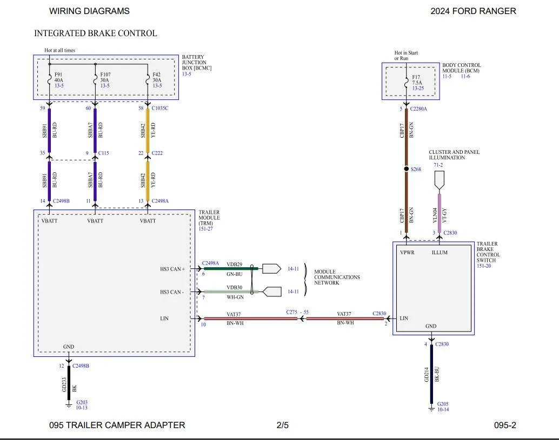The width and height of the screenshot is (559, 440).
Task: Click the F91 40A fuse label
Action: [59, 78]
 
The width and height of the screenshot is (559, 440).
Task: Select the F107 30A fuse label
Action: [105, 78]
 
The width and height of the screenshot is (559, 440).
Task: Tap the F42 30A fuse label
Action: [157, 78]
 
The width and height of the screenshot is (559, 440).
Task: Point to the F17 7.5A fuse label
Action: [417, 80]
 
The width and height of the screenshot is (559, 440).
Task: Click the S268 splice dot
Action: [407, 169]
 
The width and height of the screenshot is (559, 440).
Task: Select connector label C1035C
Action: [160, 108]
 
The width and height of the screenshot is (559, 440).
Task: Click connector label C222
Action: [157, 153]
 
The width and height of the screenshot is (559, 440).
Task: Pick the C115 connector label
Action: [103, 153]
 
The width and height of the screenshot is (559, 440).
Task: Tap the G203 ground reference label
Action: [82, 402]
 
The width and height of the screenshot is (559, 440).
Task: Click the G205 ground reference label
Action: [443, 404]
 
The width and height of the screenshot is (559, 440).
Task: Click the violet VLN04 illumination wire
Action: [439, 213]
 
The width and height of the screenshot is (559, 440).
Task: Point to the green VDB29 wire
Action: [231, 269]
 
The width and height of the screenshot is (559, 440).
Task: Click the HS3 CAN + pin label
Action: [172, 269]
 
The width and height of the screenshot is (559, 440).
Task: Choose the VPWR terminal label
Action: [407, 253]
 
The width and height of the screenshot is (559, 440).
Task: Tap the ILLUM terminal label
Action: [440, 253]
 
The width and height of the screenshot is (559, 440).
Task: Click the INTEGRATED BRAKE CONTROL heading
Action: [96, 33]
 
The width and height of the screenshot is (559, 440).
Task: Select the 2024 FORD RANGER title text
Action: [474, 11]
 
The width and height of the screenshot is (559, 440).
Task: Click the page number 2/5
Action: [282, 425]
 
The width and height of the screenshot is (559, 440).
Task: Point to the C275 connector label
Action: [291, 312]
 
